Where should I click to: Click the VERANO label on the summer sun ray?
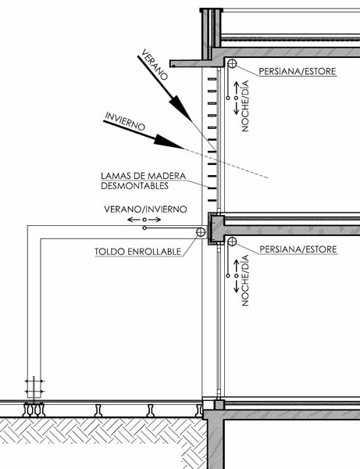[x=154, y=65]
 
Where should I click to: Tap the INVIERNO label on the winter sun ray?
[x=125, y=121]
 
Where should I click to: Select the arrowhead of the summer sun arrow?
[x=180, y=109]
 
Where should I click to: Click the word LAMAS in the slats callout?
[x=114, y=176]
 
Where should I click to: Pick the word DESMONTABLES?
[x=135, y=186]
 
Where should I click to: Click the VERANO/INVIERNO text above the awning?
[x=145, y=209]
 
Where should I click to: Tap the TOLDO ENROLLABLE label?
[x=138, y=252]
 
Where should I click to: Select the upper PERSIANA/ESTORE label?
[x=298, y=71]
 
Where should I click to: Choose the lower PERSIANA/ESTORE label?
[x=298, y=249]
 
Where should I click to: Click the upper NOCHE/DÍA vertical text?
[x=245, y=106]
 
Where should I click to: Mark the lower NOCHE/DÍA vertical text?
[x=245, y=281]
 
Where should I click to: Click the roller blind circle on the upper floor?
[x=232, y=63]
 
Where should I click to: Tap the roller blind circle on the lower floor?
[x=232, y=242]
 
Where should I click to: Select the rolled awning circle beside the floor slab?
[x=201, y=232]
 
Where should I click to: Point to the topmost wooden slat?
[x=212, y=79]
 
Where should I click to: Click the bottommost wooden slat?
[x=212, y=200]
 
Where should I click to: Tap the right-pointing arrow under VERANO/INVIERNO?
[x=154, y=220]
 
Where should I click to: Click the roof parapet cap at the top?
[x=211, y=10]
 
